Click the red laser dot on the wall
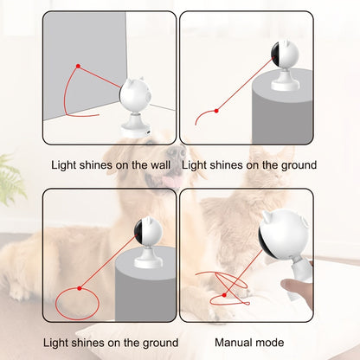click(x=78, y=66)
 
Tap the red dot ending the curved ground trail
click(x=216, y=111)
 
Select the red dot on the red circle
click(x=80, y=288)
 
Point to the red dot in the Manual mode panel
click(x=224, y=295)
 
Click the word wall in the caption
click(x=160, y=165)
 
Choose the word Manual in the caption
click(x=232, y=343)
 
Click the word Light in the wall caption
click(x=63, y=165)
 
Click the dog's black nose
click(x=177, y=151)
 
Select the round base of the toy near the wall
click(x=136, y=127)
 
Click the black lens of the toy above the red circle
click(x=138, y=231)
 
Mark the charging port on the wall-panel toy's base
click(x=148, y=132)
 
